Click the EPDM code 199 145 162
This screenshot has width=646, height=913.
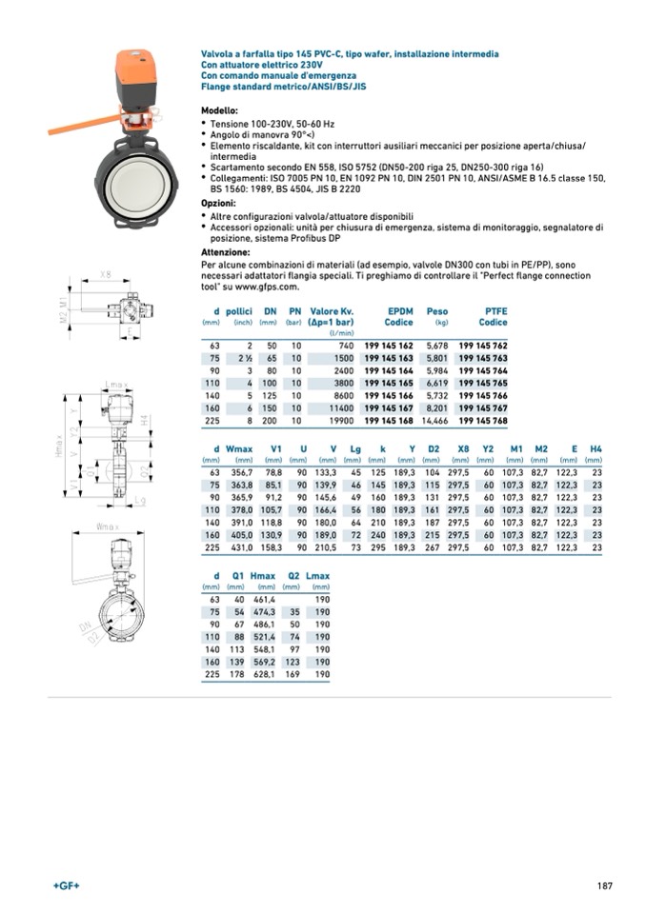pyautogui.click(x=389, y=345)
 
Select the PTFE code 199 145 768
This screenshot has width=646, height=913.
pyautogui.click(x=483, y=420)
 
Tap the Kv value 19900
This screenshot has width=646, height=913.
pyautogui.click(x=340, y=420)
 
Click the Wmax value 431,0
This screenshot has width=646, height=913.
pyautogui.click(x=241, y=547)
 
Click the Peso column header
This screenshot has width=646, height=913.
pyautogui.click(x=437, y=311)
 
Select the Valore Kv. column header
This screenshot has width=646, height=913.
pyautogui.click(x=332, y=311)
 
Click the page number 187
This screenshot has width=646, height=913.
pyautogui.click(x=604, y=887)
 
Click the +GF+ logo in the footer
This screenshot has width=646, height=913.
pyautogui.click(x=67, y=887)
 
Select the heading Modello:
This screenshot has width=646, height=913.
pyautogui.click(x=219, y=111)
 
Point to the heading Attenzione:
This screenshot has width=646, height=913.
pyautogui.click(x=225, y=252)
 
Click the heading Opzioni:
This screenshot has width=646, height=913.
pyautogui.click(x=219, y=204)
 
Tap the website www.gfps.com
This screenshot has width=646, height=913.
pyautogui.click(x=263, y=286)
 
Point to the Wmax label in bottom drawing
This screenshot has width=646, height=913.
pyautogui.click(x=106, y=526)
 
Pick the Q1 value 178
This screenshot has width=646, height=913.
pyautogui.click(x=238, y=674)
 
